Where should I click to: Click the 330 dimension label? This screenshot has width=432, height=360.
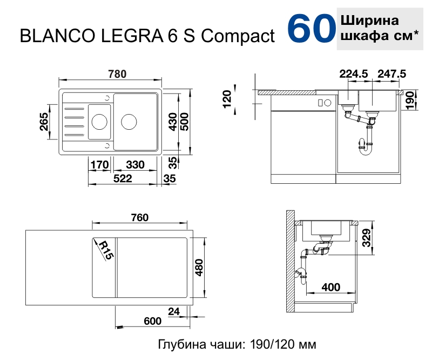click(x=134, y=165)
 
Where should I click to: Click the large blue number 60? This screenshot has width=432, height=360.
click(x=309, y=29)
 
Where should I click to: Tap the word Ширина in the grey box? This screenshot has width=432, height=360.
click(x=370, y=21)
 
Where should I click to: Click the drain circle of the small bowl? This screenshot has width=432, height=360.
click(x=99, y=121)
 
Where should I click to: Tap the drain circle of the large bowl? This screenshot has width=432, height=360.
click(x=130, y=121)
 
